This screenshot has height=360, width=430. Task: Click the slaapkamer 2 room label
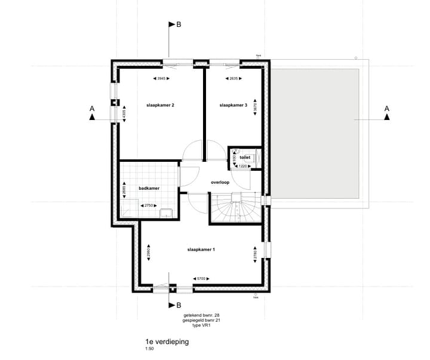(160, 105)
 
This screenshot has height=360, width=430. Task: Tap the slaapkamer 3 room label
(234, 105)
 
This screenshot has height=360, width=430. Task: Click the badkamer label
(148, 187)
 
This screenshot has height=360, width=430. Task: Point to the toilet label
(245, 158)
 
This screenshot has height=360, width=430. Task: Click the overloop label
(220, 182)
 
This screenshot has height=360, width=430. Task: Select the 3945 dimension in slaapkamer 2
(161, 78)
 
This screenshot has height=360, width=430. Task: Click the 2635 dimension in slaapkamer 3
(232, 78)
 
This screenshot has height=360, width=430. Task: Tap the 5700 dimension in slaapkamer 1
(201, 278)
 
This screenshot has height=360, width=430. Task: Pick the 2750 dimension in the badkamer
(150, 205)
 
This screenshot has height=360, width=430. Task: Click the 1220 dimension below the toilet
(243, 166)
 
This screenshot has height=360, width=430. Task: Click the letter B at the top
(179, 24)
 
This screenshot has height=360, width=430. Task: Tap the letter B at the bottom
(179, 303)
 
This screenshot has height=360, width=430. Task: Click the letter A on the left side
(91, 109)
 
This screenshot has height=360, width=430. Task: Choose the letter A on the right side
(387, 109)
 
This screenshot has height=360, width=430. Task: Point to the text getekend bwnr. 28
(200, 315)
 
